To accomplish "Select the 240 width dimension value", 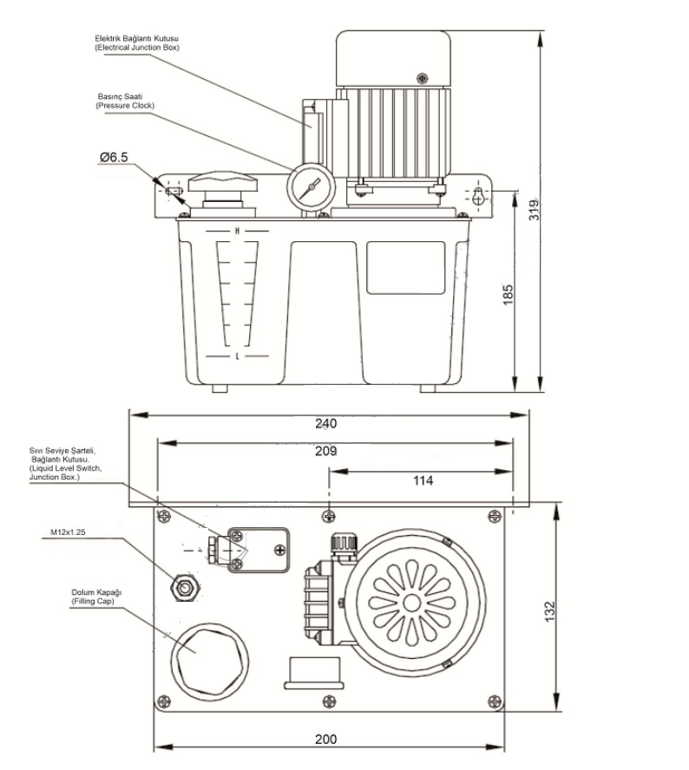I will pyautogui.click(x=325, y=423).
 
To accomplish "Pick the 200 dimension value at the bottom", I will pyautogui.click(x=325, y=740).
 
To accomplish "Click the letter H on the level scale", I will pyautogui.click(x=236, y=231).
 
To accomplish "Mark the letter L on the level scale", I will pyautogui.click(x=236, y=356).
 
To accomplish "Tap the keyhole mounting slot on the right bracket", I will pyautogui.click(x=478, y=195).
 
